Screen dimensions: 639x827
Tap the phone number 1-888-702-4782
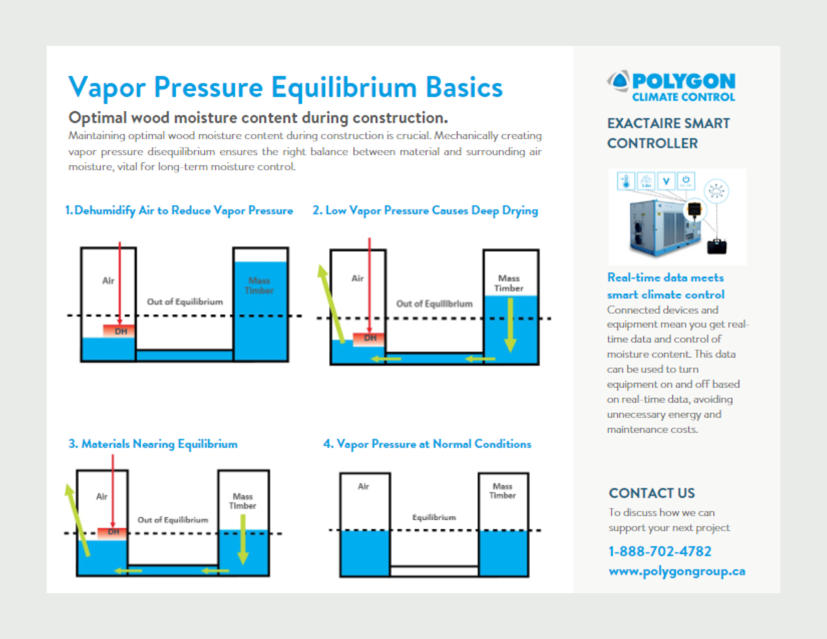(x=660, y=551)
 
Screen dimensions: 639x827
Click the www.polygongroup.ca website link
(x=676, y=571)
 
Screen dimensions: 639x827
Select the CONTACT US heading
(x=652, y=493)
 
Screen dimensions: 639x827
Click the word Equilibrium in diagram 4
(x=434, y=517)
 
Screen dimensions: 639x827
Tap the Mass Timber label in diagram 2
(x=509, y=283)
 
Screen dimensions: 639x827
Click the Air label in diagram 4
(x=363, y=486)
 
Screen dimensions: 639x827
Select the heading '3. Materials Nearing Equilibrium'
(x=153, y=444)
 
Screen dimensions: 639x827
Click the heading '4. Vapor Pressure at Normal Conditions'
(x=427, y=444)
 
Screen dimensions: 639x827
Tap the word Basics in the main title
(x=464, y=88)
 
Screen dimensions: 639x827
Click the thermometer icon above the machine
(x=626, y=181)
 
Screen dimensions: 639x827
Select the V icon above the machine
(x=666, y=181)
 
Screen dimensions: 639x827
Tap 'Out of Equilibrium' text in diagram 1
(x=185, y=302)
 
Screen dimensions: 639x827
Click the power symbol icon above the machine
(x=686, y=181)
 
